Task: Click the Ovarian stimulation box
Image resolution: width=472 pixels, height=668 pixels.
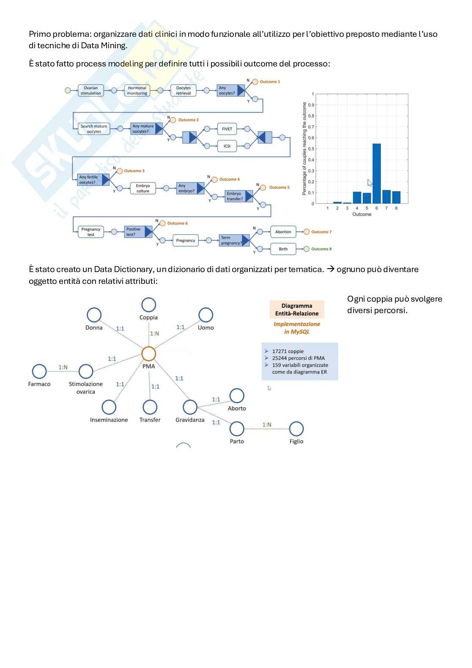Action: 91,91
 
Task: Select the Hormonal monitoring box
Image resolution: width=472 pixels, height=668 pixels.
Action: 137,91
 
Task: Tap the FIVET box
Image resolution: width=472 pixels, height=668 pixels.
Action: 227,129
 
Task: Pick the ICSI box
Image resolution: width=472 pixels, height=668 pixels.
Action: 227,146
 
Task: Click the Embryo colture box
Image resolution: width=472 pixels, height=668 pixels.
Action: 143,188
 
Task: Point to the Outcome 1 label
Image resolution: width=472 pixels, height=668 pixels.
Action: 269,82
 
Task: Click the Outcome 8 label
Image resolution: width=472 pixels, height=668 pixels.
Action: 321,249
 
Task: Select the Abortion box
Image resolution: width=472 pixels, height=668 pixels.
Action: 283,232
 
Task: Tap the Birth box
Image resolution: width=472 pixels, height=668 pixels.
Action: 283,249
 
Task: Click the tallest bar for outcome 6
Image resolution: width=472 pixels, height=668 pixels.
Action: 376,173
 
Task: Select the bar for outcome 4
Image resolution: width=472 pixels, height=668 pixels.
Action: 357,198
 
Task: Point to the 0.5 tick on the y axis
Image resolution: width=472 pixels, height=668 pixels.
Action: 311,149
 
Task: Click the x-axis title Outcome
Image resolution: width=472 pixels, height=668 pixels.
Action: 362,214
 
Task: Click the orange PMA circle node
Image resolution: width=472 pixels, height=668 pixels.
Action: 148,354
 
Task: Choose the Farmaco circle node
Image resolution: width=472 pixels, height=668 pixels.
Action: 39,371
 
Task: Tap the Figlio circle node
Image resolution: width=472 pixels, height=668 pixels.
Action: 296,429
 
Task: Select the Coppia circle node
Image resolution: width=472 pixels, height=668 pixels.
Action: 148,305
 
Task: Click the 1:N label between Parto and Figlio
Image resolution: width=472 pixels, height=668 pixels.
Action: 267,425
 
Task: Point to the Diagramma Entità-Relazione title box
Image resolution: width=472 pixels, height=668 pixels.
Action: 296,310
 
